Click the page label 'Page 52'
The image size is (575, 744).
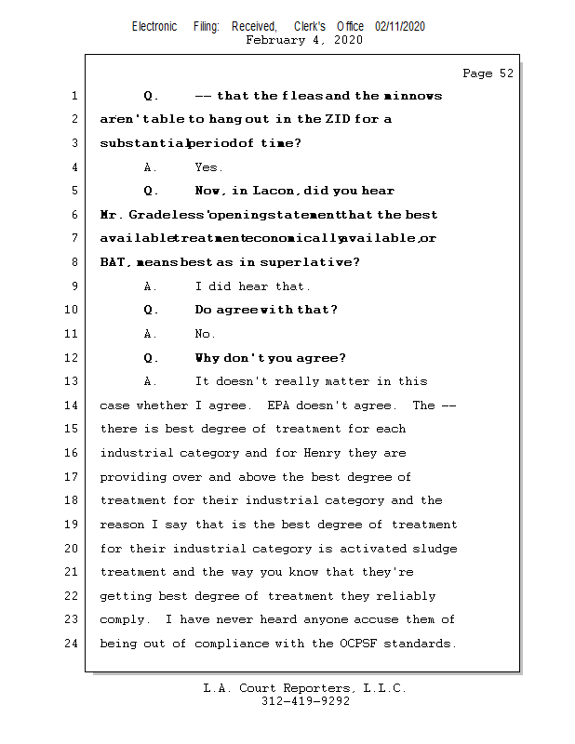coord(488,73)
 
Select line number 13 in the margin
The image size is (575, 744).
coord(72,381)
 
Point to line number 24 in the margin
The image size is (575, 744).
coord(72,644)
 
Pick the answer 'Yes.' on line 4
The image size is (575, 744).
coord(208,167)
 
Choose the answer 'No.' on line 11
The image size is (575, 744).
coord(205,334)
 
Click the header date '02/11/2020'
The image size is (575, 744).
coord(400,27)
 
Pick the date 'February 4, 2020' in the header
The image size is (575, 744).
coord(304,40)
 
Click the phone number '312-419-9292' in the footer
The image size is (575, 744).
coord(305,701)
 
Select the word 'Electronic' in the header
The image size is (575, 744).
coord(154,27)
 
